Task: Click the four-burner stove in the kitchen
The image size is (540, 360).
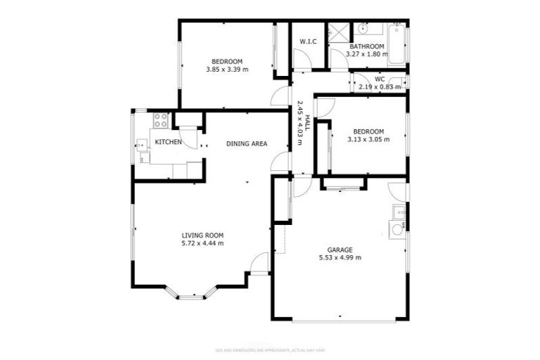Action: (x=160, y=120)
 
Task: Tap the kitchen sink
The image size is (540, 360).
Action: (x=143, y=149)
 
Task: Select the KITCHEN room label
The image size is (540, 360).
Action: (x=169, y=142)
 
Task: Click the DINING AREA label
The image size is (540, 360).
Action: (x=246, y=143)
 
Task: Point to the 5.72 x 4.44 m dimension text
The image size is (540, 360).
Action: (x=202, y=243)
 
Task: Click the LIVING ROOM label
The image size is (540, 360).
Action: (x=202, y=235)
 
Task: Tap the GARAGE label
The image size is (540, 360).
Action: (x=340, y=249)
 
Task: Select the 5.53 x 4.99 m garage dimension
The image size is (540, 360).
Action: (x=340, y=257)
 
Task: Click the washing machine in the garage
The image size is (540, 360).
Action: (x=397, y=229)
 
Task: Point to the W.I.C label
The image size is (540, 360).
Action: (x=308, y=42)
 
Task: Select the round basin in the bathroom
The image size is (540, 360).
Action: (x=363, y=30)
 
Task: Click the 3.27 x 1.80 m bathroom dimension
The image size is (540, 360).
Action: (x=368, y=54)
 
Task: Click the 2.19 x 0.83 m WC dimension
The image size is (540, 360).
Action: (x=379, y=87)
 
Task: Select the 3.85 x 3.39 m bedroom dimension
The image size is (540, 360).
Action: (x=227, y=69)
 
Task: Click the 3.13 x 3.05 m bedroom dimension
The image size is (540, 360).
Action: (x=368, y=139)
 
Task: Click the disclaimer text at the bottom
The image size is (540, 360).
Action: (x=269, y=350)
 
